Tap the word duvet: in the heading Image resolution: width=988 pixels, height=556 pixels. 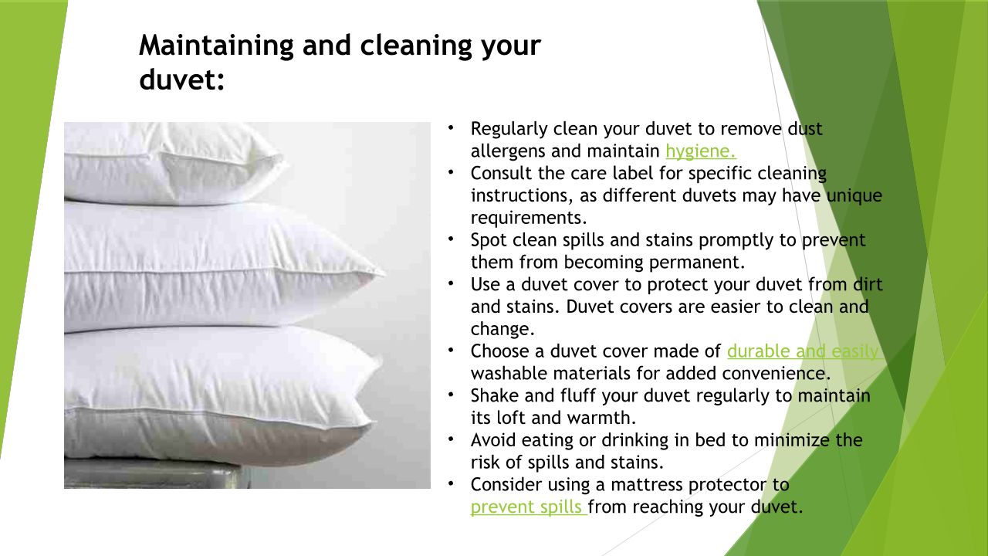pos(181,80)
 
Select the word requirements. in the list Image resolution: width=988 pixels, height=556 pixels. pos(529,219)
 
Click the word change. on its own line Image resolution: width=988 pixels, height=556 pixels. pos(502,329)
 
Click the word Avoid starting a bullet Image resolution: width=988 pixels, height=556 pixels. pos(493,440)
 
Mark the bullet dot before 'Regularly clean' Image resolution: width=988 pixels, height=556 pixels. pos(451,128)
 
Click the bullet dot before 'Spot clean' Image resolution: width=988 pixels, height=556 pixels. pos(451,239)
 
